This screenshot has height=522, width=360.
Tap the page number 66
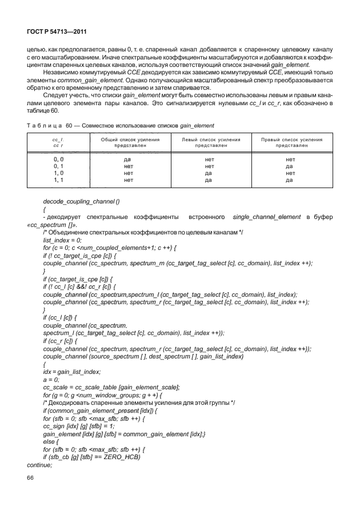click(31, 479)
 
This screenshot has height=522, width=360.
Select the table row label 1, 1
click(58, 180)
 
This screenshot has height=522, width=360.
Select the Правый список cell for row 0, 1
click(290, 166)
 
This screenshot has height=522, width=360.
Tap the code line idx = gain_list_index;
click(72, 372)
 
